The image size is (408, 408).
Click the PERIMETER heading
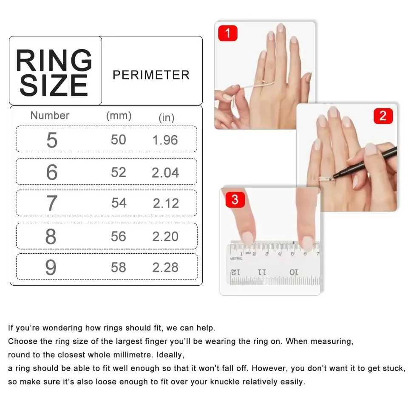[x=151, y=75]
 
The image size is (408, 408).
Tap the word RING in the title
[x=54, y=61]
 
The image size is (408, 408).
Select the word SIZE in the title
[x=54, y=86]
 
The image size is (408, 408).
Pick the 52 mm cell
[x=119, y=172]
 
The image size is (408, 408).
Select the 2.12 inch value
[x=166, y=204]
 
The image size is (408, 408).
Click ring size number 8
[x=51, y=236]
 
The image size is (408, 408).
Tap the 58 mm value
[x=119, y=267]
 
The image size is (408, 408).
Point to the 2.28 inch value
[x=165, y=268]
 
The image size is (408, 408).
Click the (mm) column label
[x=119, y=116]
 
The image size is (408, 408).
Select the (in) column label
[x=166, y=118]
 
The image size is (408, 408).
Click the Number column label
[x=50, y=116]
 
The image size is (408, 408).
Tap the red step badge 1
[x=228, y=33]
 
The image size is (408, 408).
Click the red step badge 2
[x=383, y=116]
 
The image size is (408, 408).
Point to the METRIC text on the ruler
[x=236, y=258]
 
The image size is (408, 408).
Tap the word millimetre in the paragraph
[x=161, y=355]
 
